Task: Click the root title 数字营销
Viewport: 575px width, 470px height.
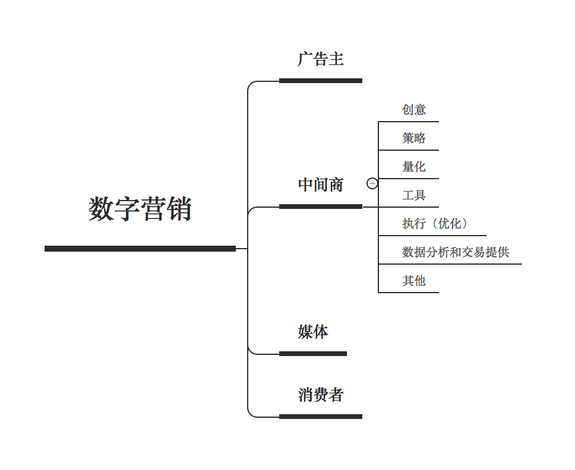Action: point(140,209)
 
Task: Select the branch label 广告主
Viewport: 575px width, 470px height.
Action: point(321,59)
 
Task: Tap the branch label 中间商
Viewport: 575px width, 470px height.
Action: point(321,185)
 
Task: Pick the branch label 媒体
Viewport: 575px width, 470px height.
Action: point(313,332)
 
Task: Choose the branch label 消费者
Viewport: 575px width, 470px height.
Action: point(321,395)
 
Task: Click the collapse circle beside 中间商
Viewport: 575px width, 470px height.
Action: point(372,183)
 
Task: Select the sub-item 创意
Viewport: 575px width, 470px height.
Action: point(413,110)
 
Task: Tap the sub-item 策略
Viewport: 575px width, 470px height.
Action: point(413,138)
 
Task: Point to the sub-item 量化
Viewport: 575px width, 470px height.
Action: point(413,167)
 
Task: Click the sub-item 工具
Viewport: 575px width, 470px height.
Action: point(413,195)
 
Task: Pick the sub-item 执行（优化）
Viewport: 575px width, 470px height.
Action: point(435,224)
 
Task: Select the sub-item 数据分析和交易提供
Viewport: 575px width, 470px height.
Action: point(456,252)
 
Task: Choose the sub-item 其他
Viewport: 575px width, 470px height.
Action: point(413,281)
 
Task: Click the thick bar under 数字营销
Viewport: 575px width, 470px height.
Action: point(140,249)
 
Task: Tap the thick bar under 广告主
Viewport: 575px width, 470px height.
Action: point(321,81)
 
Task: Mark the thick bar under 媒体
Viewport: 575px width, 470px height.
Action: point(313,354)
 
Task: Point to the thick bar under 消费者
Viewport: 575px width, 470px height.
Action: point(321,417)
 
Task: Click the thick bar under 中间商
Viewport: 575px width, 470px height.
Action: point(321,207)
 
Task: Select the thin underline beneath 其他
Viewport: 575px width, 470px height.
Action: point(409,293)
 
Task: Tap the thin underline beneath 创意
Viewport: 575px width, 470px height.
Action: point(409,121)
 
